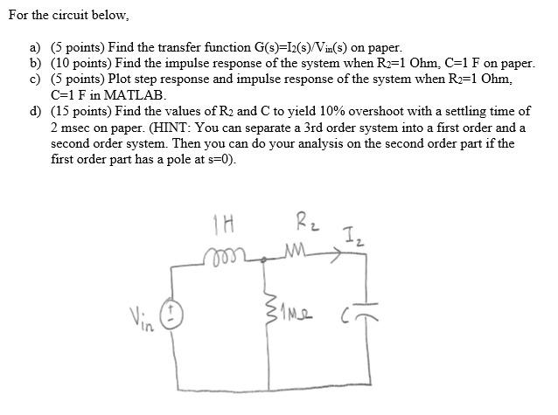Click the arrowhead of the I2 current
(338, 256)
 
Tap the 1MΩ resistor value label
(294, 315)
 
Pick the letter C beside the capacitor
(347, 317)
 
